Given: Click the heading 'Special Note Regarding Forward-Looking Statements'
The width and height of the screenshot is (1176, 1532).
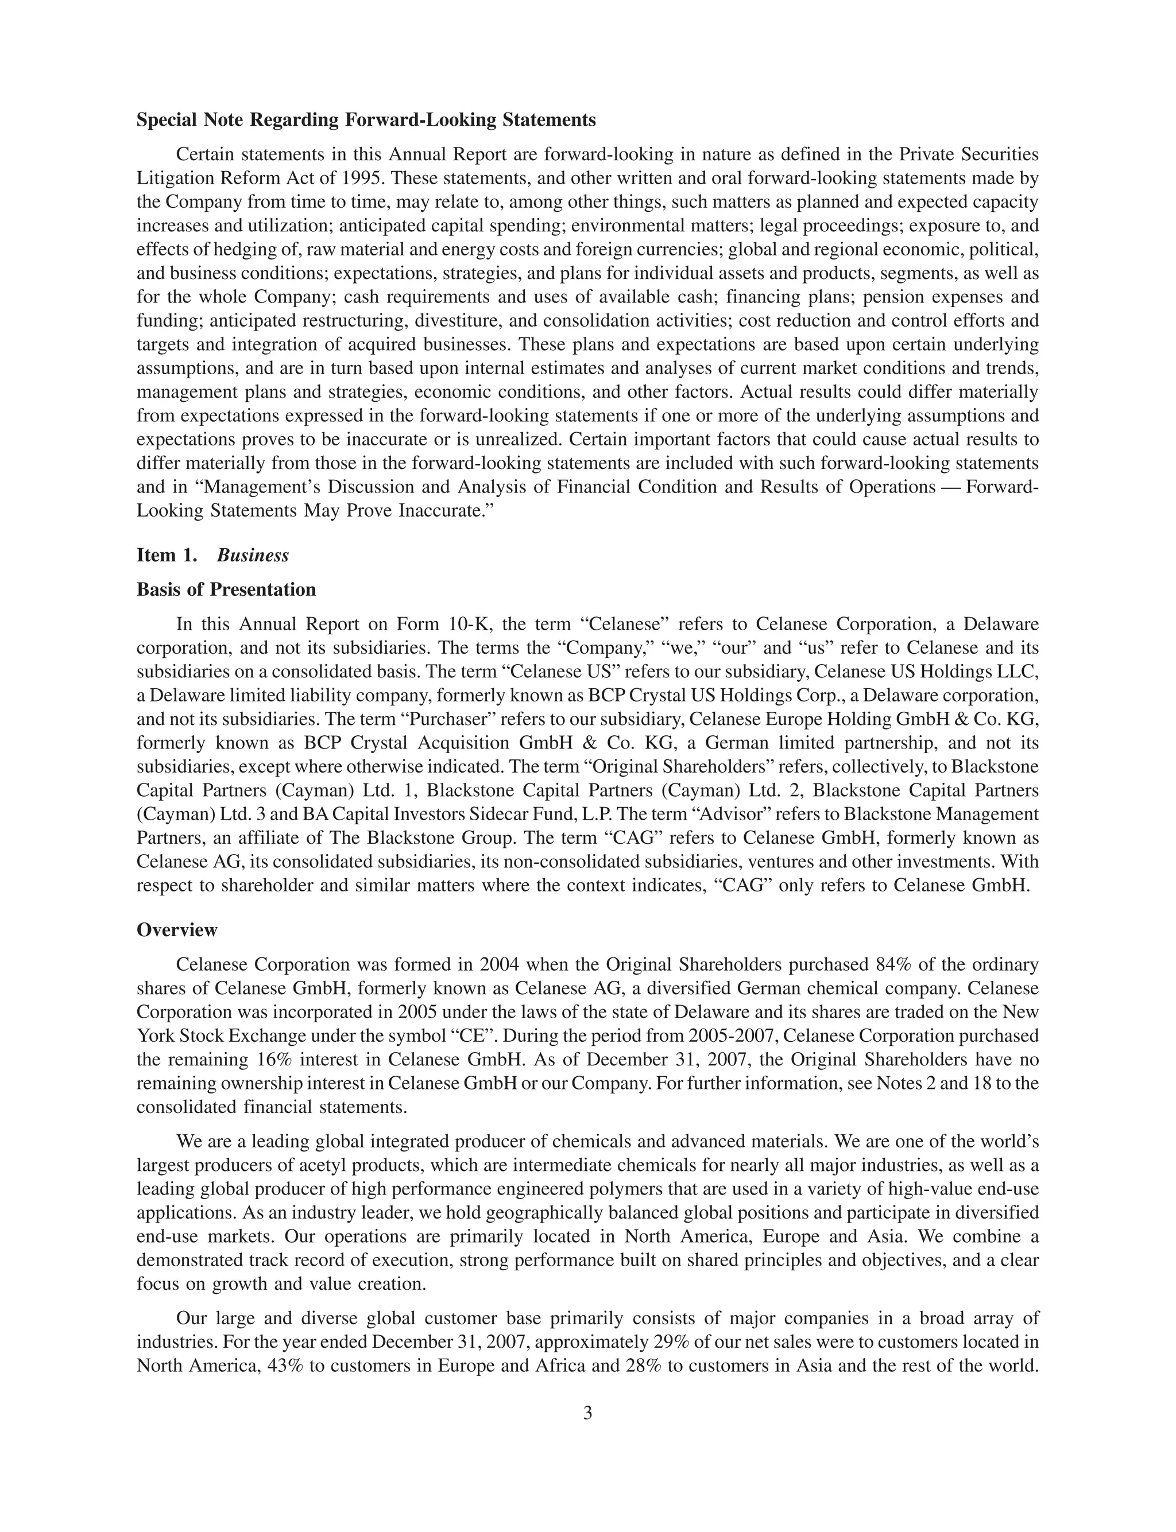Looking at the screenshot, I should [x=366, y=121].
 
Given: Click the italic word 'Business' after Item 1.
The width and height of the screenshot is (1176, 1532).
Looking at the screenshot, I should [x=253, y=556].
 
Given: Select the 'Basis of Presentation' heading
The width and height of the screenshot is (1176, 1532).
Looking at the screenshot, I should [x=226, y=589].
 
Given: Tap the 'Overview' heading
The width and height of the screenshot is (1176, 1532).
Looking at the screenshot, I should [x=177, y=930].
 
